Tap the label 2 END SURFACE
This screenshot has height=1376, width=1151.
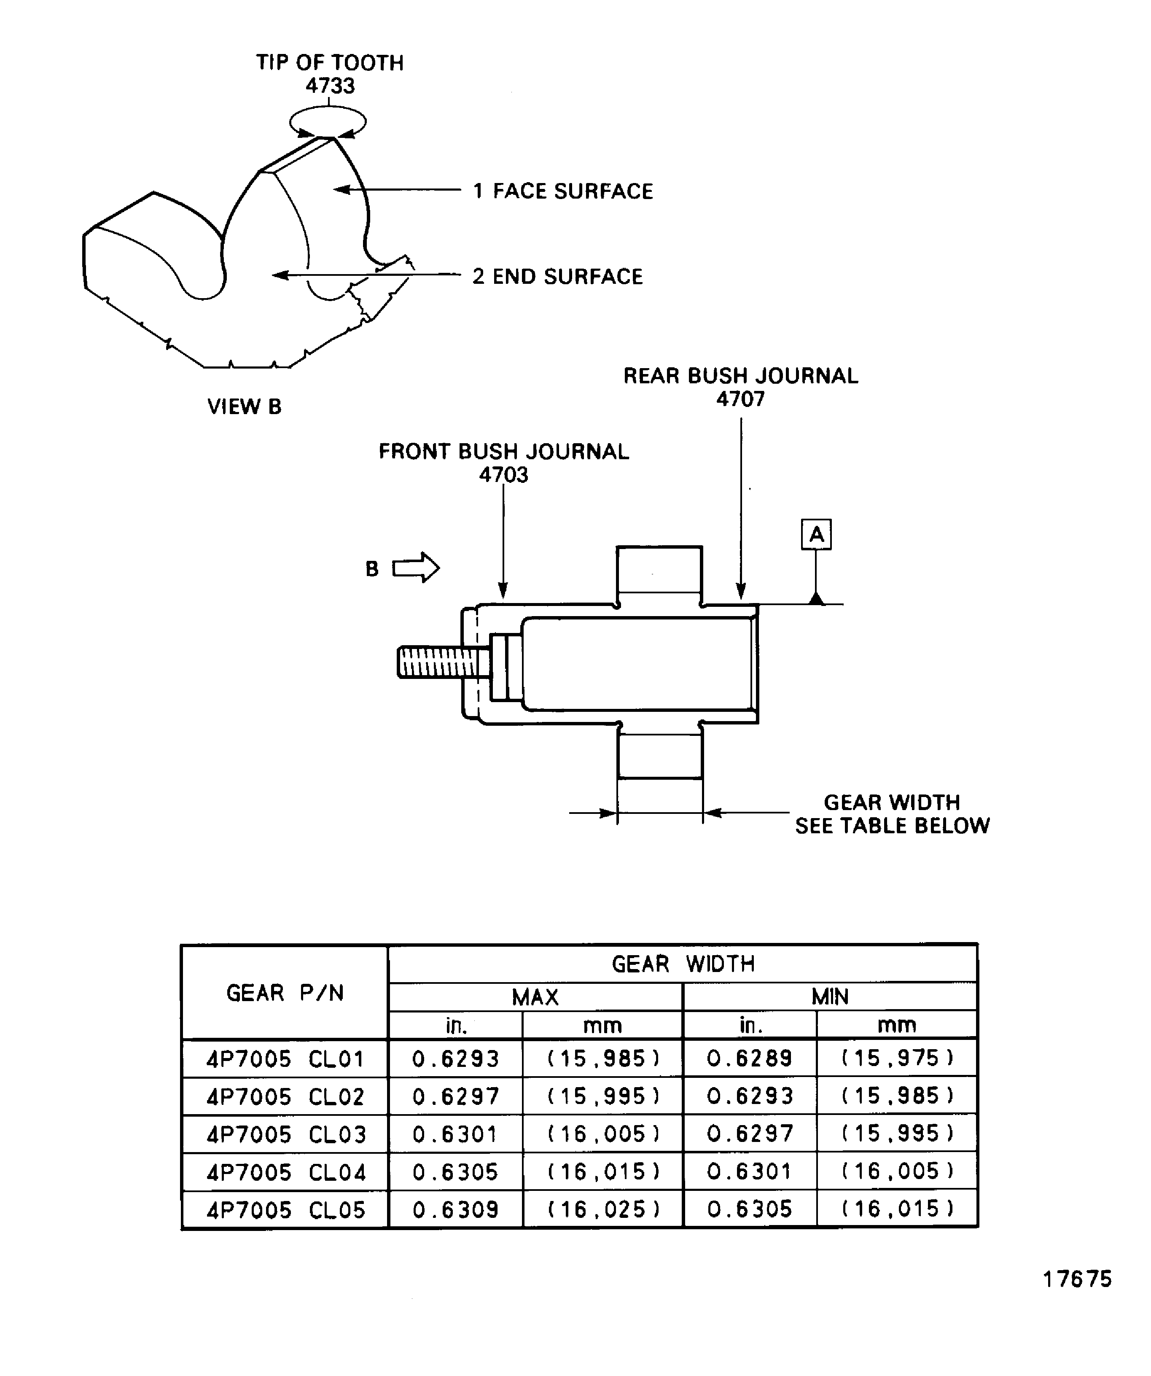[x=557, y=277]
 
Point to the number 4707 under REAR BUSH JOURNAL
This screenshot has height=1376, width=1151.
[x=740, y=399]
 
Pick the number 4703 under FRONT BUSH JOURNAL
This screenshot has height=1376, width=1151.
[x=503, y=474]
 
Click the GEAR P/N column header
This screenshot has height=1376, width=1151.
[x=285, y=993]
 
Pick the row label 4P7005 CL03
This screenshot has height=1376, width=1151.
[x=285, y=1134]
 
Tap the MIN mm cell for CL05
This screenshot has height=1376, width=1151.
[x=896, y=1209]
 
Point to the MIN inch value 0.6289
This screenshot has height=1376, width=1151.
[x=750, y=1058]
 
